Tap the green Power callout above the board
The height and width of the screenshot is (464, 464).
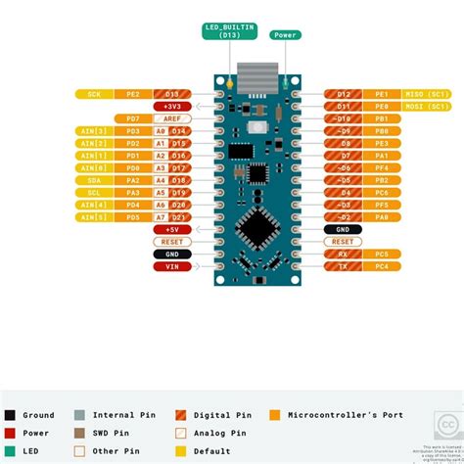[x=286, y=35]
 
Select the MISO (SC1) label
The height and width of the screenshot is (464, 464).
[x=426, y=94]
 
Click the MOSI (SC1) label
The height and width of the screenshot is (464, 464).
[x=426, y=106]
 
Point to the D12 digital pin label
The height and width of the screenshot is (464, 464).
[x=343, y=94]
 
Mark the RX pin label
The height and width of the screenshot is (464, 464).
[x=343, y=254]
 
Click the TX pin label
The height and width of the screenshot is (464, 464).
[x=343, y=266]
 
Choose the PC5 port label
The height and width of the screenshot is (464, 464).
[x=381, y=254]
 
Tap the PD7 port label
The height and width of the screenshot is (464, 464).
[x=132, y=118]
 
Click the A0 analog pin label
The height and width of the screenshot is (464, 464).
[x=160, y=130]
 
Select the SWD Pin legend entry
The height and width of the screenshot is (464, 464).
[x=108, y=432]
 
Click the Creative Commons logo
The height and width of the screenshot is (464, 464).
[x=446, y=427]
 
